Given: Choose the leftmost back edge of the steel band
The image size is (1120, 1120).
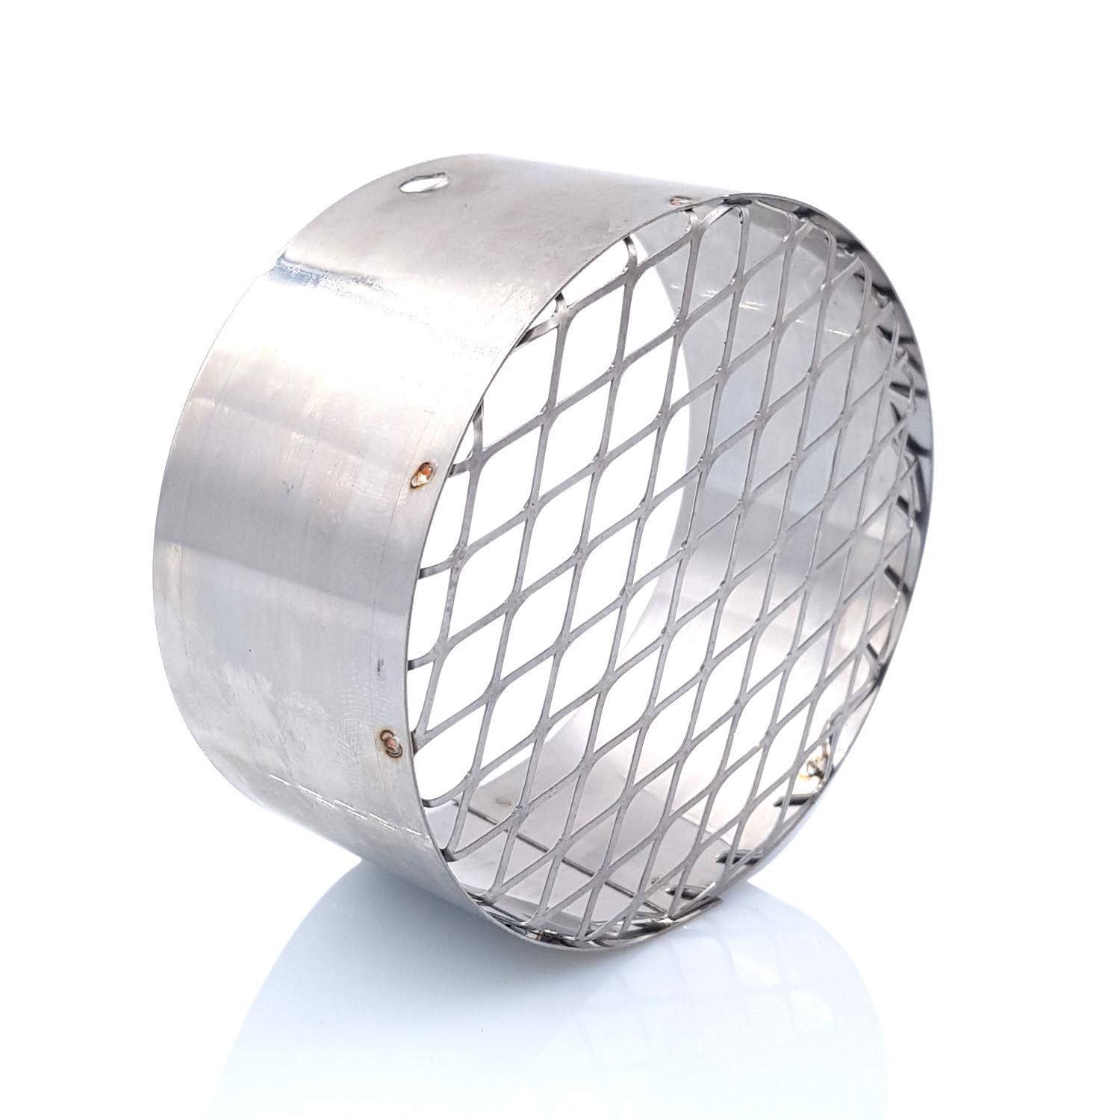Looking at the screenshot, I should point(173,567).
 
